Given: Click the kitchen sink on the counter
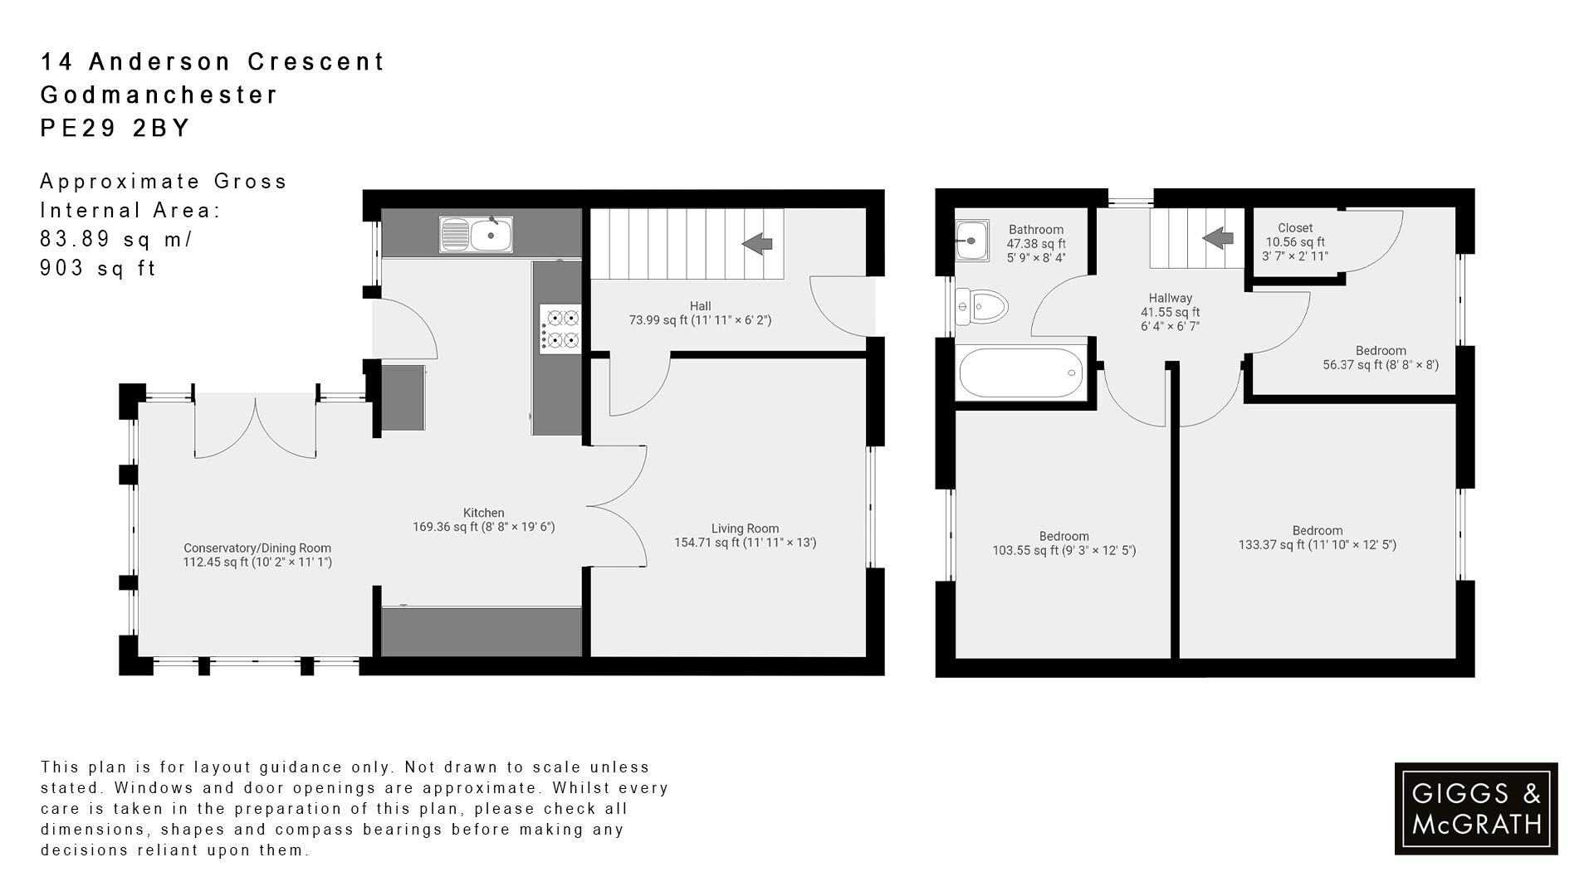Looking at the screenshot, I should tap(477, 234).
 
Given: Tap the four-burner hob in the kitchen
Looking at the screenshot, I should tap(560, 329).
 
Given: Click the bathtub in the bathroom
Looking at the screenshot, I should tap(1021, 373).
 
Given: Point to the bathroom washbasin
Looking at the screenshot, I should tap(972, 241).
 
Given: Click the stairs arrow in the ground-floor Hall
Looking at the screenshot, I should tap(757, 244).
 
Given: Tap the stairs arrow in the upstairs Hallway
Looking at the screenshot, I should tap(1218, 239).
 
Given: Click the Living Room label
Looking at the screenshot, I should tap(745, 528).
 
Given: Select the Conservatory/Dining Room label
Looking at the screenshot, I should tap(257, 548).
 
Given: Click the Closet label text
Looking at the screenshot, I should tap(1295, 228).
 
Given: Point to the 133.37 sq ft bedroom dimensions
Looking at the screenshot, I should tap(1317, 545).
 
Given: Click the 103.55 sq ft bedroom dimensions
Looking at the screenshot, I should tap(1064, 550).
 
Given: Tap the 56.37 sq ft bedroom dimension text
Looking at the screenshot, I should tap(1380, 364).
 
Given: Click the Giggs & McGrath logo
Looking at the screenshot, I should tap(1476, 809).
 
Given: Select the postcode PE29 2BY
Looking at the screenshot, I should tap(115, 128).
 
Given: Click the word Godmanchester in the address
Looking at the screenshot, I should tap(159, 95).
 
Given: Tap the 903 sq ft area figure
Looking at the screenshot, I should tap(98, 268).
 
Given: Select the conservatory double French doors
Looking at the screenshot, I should tap(256, 428).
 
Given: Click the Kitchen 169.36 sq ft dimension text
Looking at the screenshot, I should tap(483, 527).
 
